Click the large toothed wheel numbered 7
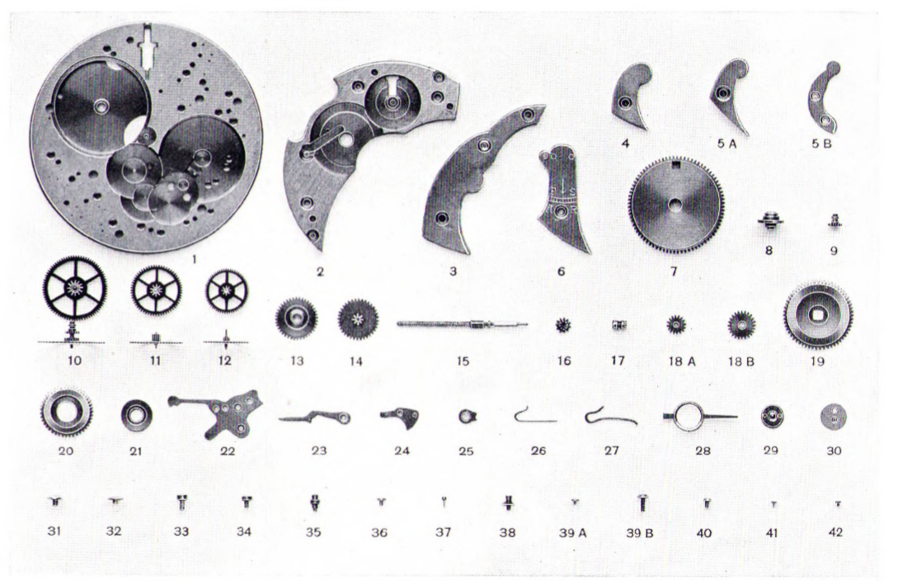coord(674,205)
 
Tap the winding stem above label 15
coord(463,324)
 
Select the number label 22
coord(228,451)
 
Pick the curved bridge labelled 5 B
coord(823,98)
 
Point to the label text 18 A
coord(682,361)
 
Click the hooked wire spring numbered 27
coord(610,417)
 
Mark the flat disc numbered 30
coord(834,416)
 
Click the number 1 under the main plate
coord(195,260)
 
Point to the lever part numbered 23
coord(316,418)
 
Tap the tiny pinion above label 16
coord(563,325)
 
